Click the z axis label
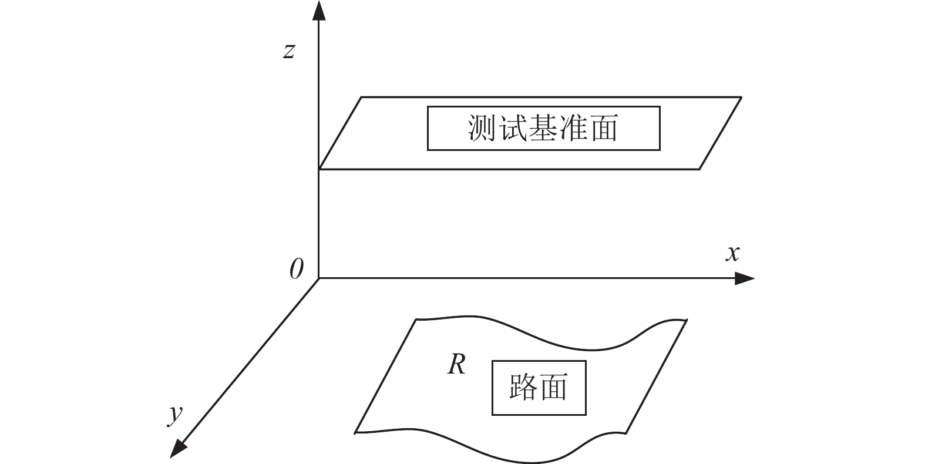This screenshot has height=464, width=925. pos(289,52)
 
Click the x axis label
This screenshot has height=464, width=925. pos(732,254)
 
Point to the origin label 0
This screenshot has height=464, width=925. pos(297,269)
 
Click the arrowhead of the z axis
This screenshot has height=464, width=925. pos(319,10)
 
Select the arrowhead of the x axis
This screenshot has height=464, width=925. pos(745,278)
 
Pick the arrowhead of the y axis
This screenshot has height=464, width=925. pos(179,448)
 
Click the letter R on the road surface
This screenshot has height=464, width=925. pos(457,365)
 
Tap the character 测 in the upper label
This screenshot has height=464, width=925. pos(482,128)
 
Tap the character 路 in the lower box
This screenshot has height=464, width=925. pos(524,387)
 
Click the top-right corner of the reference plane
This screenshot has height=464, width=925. pos(742,97)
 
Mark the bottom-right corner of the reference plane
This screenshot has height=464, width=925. pos(699,169)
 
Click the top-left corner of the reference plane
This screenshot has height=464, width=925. pos(361,97)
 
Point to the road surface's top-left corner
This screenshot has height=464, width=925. pos(416,320)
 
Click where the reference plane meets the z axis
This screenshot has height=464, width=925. pos(319,169)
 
